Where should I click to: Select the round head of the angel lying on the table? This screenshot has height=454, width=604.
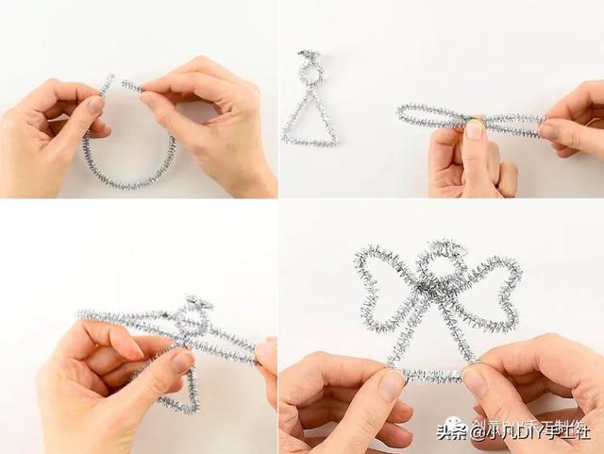point(310,71)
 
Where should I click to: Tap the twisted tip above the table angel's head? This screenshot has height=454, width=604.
point(308,55)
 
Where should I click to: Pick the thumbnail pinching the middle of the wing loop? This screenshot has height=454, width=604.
point(475,128)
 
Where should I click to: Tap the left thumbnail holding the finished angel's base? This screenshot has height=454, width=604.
point(391,382)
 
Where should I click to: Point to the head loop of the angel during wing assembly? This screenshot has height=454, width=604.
point(195,311)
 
